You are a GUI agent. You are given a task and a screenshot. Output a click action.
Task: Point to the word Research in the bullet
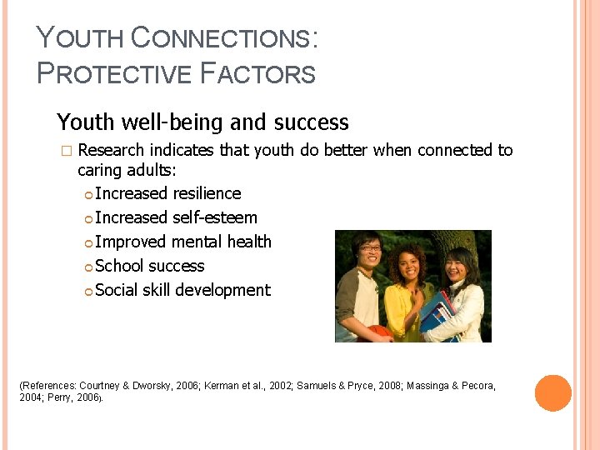[110, 150]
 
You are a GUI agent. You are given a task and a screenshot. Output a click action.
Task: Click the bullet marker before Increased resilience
[88, 194]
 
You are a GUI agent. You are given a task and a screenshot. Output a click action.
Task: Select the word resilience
[207, 193]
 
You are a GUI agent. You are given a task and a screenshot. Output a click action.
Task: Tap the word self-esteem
[214, 217]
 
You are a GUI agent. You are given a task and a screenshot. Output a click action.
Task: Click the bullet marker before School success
[88, 267]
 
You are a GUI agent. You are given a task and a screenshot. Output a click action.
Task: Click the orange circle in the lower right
[552, 393]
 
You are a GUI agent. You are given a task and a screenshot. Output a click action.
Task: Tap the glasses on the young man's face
[370, 247]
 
